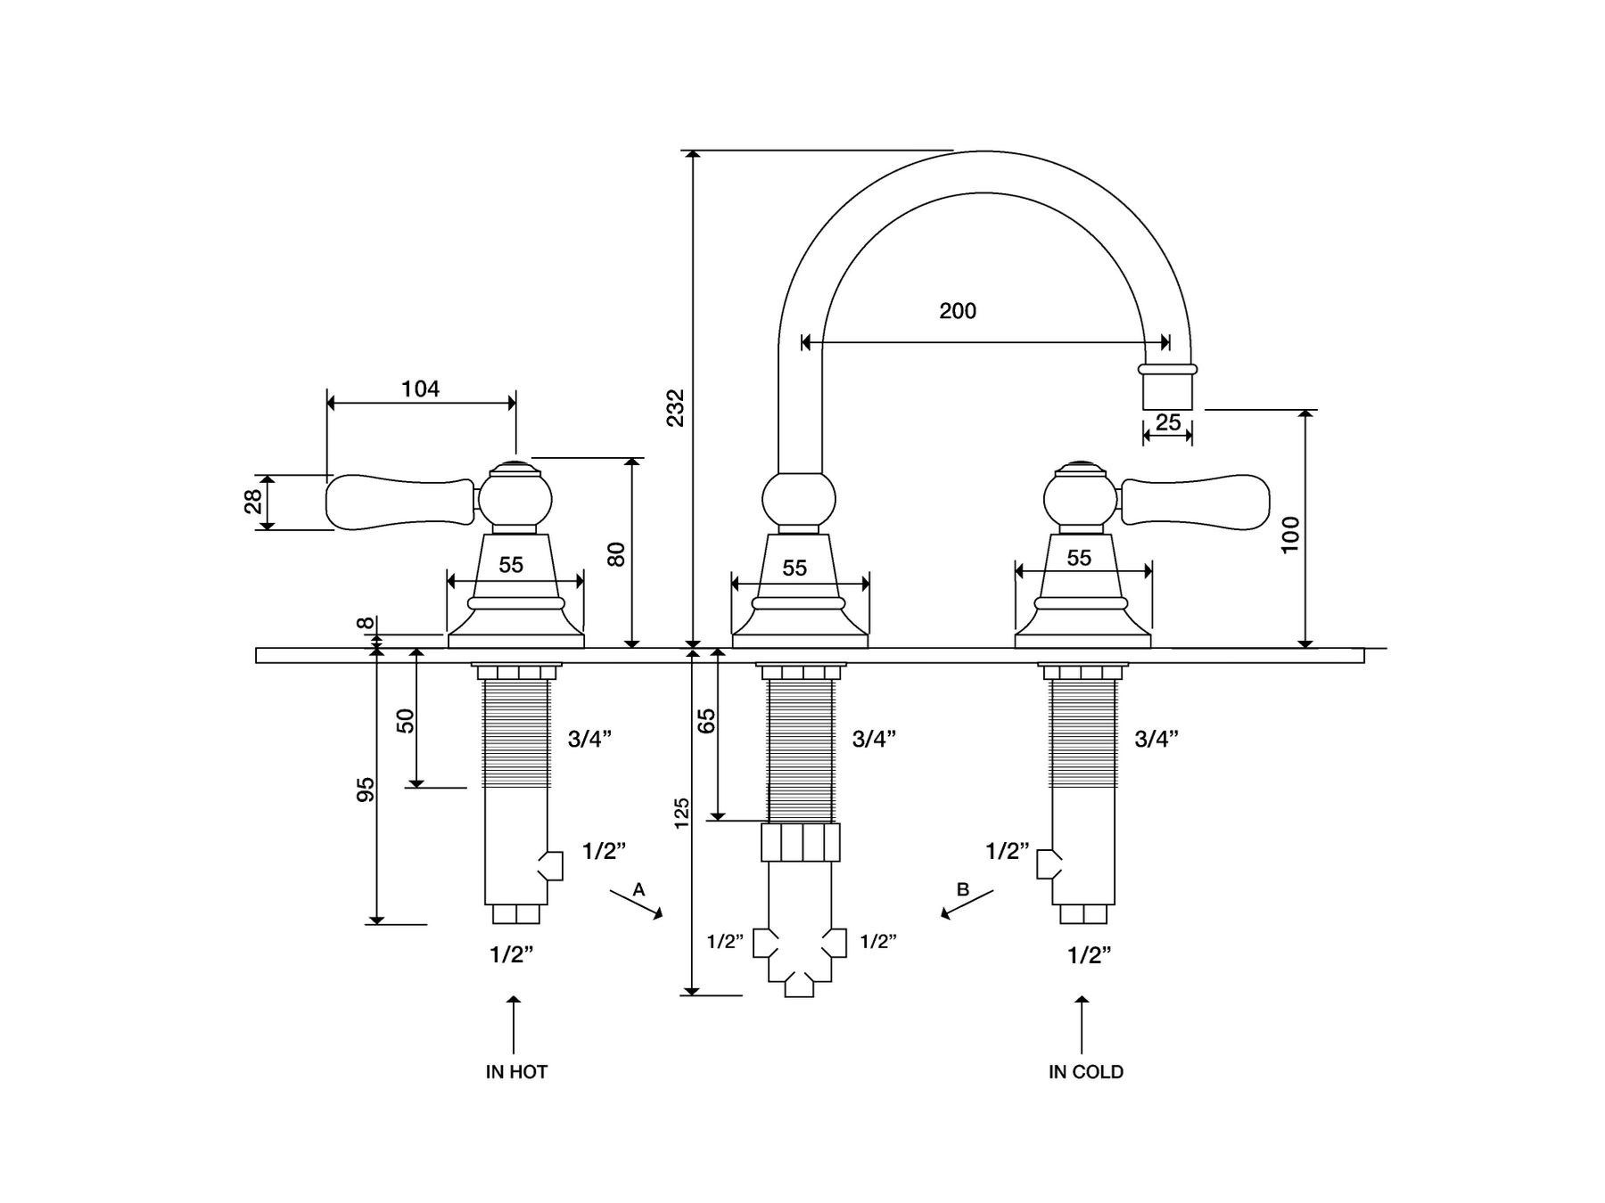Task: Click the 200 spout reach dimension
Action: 958,311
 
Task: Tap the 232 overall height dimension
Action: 677,407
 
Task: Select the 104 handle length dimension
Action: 420,389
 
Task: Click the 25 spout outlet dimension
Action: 1167,422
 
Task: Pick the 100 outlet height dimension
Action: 1290,535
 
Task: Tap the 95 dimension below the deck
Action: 366,790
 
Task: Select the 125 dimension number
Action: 682,813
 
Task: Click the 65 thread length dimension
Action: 706,720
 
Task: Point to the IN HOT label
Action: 516,1072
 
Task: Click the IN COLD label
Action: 1085,1072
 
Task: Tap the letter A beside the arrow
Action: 638,889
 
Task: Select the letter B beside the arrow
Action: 962,889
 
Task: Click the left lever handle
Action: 400,502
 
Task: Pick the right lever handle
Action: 1195,502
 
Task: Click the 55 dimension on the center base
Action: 794,568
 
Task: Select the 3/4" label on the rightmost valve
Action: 1156,739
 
